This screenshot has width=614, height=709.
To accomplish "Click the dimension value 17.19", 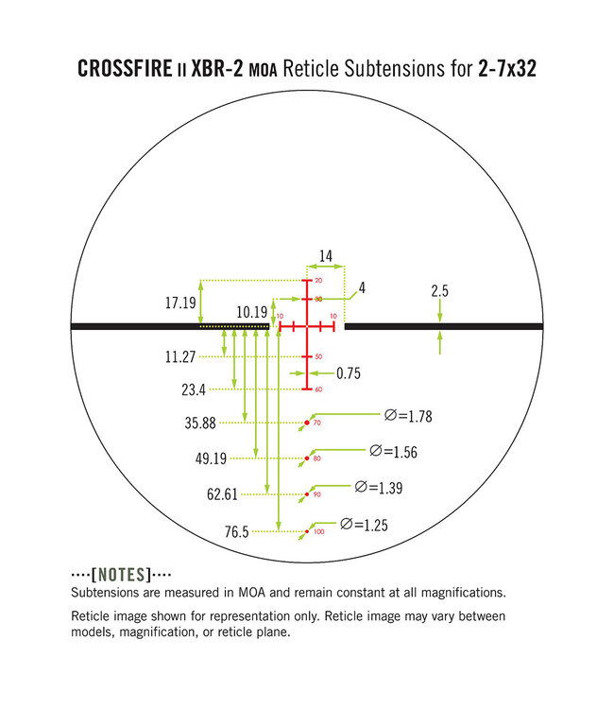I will tap(179, 303).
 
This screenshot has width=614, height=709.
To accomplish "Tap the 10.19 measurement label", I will tap(252, 310).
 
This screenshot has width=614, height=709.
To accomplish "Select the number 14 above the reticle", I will tap(326, 255).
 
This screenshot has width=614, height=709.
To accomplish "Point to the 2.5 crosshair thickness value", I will tap(439, 291).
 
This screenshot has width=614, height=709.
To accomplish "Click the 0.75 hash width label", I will tap(349, 373).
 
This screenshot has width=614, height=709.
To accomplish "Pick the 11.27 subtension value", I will tap(179, 356).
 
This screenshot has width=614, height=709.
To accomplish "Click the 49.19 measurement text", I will tap(210, 458).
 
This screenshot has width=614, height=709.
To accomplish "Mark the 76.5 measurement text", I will tap(236, 532).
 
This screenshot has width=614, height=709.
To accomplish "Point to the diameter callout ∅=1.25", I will tap(365, 524).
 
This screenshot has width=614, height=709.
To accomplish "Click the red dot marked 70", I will tap(307, 423).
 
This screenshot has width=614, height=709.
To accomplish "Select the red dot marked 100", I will tap(307, 532).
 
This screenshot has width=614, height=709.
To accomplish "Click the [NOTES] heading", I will tap(120, 575).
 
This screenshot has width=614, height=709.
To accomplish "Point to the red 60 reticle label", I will tap(317, 389).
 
